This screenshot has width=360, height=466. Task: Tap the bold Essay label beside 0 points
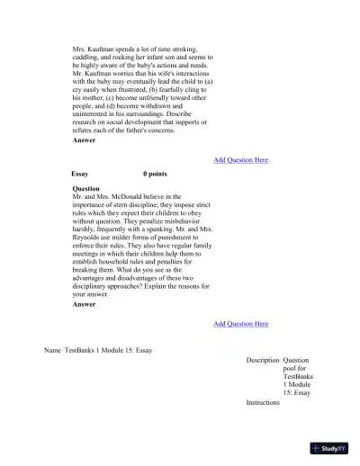tap(79, 173)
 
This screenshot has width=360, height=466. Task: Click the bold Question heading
tap(85, 189)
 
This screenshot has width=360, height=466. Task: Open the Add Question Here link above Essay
tap(240, 160)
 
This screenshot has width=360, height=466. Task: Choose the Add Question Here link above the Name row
tap(240, 323)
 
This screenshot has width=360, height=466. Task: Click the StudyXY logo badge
tap(328, 446)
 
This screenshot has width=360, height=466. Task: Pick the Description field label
tap(262, 360)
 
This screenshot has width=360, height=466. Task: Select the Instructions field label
tap(263, 402)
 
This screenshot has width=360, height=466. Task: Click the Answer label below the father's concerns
tap(84, 141)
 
